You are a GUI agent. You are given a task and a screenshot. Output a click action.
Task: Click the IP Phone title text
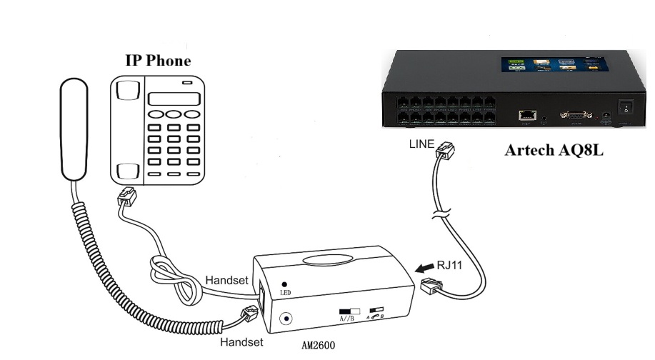click(159, 61)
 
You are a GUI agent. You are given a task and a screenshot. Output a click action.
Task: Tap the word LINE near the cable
click(421, 144)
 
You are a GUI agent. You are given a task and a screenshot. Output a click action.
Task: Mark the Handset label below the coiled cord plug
click(241, 342)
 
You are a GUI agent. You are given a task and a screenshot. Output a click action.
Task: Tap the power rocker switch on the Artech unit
click(626, 108)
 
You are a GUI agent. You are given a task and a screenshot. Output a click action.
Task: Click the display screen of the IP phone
click(171, 99)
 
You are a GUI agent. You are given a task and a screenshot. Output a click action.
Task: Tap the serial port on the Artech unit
click(571, 114)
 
